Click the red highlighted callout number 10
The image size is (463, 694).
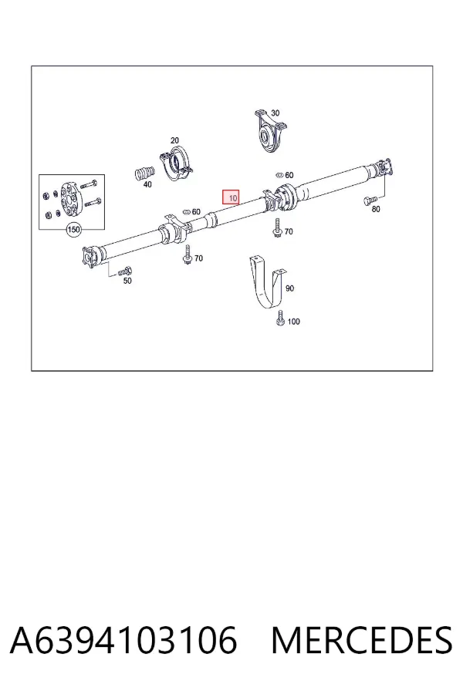(x=231, y=198)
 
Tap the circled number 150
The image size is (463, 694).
(x=73, y=229)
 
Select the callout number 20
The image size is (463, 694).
(x=174, y=140)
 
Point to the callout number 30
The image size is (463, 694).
(x=275, y=113)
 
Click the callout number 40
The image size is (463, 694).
(x=147, y=184)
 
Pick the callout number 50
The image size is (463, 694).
(x=127, y=281)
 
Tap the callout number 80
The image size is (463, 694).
(x=376, y=209)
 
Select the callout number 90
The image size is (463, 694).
(x=289, y=288)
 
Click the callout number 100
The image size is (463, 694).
(x=294, y=322)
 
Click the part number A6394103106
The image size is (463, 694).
(x=123, y=640)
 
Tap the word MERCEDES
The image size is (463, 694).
(x=362, y=640)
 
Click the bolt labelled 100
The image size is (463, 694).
(x=280, y=318)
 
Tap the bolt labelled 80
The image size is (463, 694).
(x=370, y=201)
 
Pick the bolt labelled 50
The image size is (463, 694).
(x=125, y=271)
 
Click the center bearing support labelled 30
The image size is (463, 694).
(x=269, y=131)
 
